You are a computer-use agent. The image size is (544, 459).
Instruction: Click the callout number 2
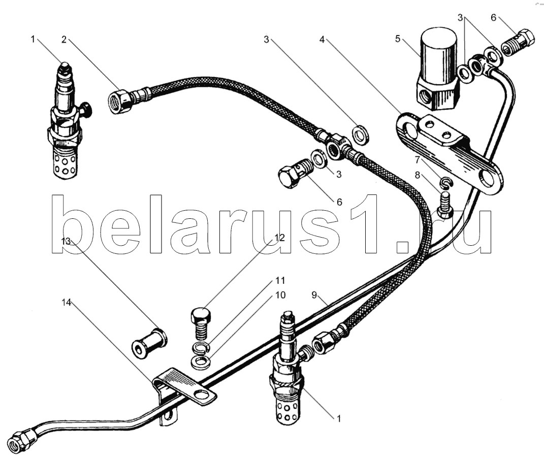pyautogui.click(x=64, y=40)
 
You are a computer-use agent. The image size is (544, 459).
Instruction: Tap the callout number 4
pyautogui.click(x=322, y=40)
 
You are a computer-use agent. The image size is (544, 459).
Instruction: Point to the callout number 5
pyautogui.click(x=398, y=39)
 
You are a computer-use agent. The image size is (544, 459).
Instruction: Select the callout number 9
pyautogui.click(x=314, y=295)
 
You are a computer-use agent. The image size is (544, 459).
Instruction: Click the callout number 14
pyautogui.click(x=66, y=303)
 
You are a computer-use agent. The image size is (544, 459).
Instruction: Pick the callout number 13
pyautogui.click(x=66, y=241)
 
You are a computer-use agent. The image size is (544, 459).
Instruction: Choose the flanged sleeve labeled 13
pyautogui.click(x=149, y=341)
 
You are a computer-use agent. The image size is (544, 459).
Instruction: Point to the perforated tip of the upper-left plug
pyautogui.click(x=66, y=160)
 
